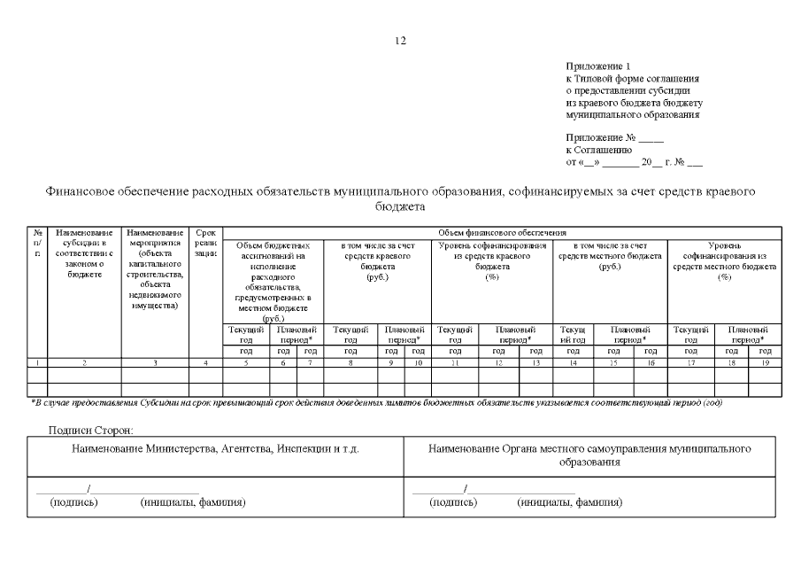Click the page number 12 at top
tap(400, 41)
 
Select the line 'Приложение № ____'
tap(602, 137)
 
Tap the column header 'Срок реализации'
tap(205, 247)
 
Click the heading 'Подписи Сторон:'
tap(92, 430)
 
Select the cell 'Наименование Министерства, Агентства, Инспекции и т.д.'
tap(215, 450)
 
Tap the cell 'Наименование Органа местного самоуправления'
tap(589, 455)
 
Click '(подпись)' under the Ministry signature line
tap(74, 502)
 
